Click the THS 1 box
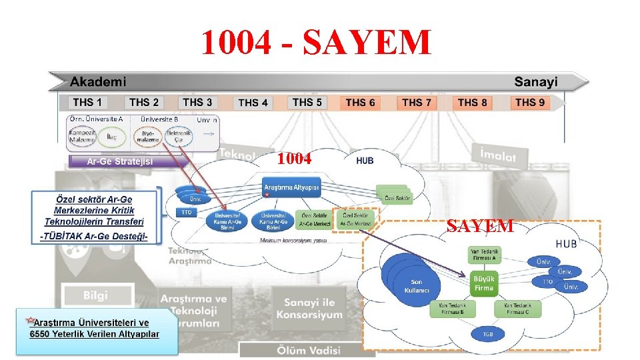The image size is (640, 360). [87, 103]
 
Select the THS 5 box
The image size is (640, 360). [307, 103]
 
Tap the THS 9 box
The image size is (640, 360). [530, 103]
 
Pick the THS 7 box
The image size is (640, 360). [417, 103]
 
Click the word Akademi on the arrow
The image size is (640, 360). [97, 82]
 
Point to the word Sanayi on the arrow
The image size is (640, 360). [536, 82]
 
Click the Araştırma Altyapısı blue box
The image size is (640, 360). [291, 187]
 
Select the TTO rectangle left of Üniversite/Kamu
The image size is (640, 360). [187, 212]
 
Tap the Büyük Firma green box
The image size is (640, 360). [484, 283]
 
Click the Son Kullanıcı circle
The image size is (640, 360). [416, 286]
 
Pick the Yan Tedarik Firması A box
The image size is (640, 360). [484, 254]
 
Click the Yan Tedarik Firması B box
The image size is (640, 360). [451, 309]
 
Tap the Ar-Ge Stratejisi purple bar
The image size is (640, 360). [120, 162]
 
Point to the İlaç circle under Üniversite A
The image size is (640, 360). [112, 137]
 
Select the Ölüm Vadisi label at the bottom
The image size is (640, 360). [308, 351]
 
